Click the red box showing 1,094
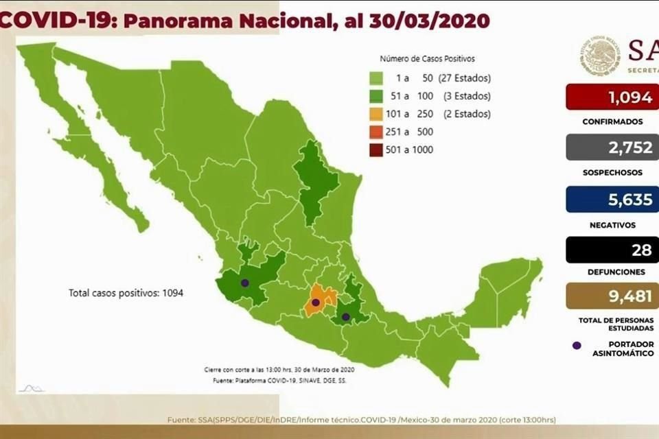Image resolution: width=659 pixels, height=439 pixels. click(612, 97)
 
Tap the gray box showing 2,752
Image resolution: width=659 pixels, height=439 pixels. click(612, 147)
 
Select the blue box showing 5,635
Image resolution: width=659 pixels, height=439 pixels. click(612, 199)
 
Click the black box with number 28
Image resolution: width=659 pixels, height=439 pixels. click(612, 249)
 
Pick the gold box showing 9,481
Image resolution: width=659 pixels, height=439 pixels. click(612, 296)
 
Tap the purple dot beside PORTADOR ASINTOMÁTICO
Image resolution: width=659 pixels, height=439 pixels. click(577, 345)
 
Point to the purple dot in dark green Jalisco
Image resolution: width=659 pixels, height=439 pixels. click(244, 283)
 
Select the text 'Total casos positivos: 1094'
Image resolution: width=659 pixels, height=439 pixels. click(126, 293)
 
